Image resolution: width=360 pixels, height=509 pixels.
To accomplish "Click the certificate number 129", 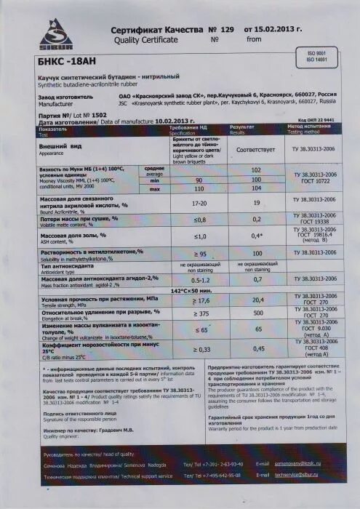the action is coord(227,29).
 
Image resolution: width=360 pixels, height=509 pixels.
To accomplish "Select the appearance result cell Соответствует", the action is coord(255,148).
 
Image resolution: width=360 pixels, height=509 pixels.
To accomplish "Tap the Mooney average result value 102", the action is coord(255,170).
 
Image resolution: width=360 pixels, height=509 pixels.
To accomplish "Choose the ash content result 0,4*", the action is coord(256,236).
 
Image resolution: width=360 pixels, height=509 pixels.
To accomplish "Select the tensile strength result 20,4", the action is coord(257,300).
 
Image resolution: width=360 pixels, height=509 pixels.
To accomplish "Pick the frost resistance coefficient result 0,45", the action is coord(257,349).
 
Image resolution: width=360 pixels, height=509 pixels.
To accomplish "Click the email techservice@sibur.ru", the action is coord(297,476).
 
